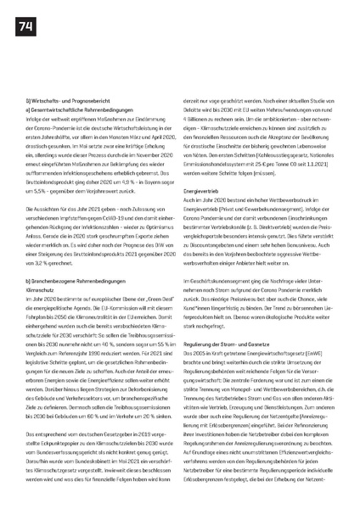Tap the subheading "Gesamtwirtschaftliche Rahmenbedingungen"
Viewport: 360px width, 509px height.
point(76,109)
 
